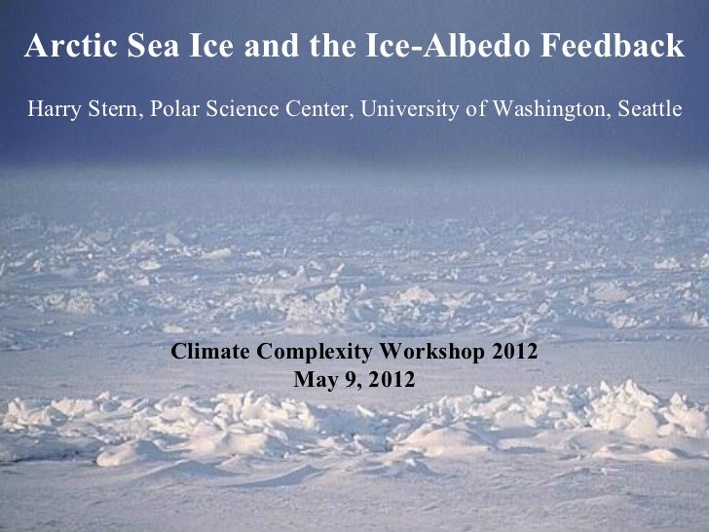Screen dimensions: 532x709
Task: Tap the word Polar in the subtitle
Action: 172,109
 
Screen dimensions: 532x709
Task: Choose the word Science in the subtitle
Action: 238,109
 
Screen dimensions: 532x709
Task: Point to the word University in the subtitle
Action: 405,109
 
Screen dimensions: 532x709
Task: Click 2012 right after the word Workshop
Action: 512,352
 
